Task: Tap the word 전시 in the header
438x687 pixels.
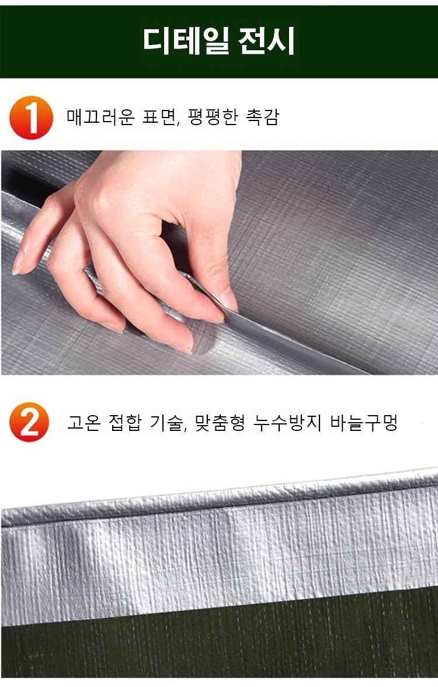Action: (x=266, y=41)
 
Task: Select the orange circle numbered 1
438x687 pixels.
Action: (x=31, y=118)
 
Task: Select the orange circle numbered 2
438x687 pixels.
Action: (x=29, y=422)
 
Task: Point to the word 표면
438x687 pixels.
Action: (x=161, y=117)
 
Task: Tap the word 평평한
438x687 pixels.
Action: (x=212, y=117)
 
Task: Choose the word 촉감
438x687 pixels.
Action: (x=262, y=117)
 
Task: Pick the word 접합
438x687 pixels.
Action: (x=125, y=423)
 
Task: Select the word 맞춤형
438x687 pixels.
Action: (x=220, y=423)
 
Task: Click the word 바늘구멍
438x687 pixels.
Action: (x=364, y=423)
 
